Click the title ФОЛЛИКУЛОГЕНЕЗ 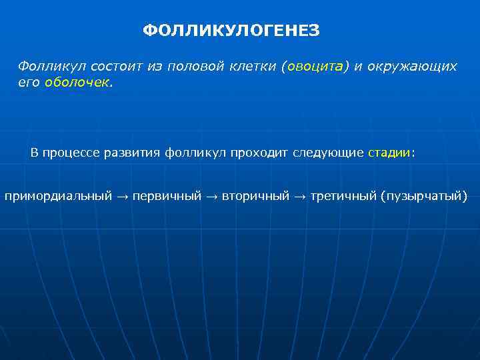(x=231, y=31)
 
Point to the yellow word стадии (x=389, y=152)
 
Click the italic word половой (x=193, y=67)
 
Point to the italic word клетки (x=252, y=67)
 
